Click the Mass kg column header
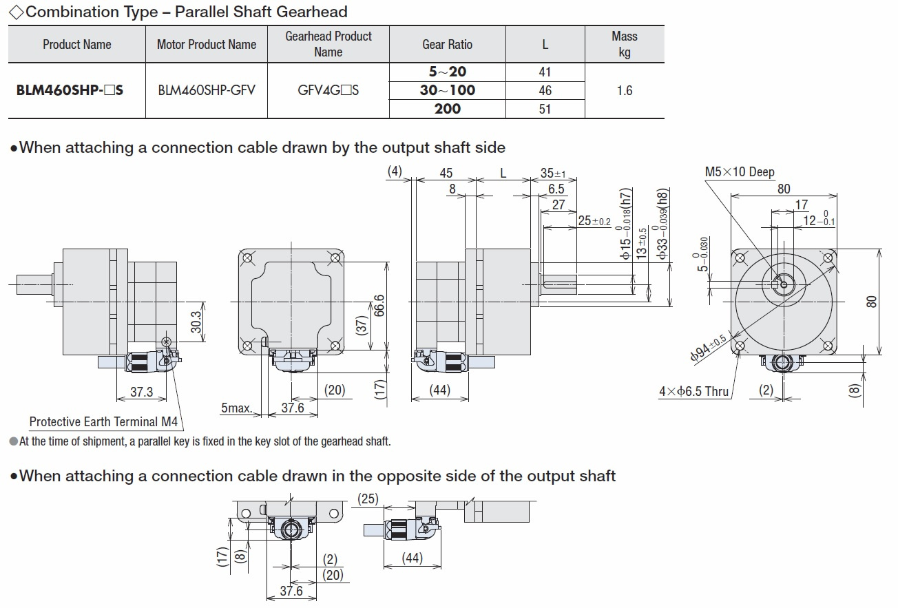point(624,44)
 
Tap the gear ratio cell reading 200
point(447,109)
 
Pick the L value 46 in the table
point(545,90)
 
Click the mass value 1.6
point(624,90)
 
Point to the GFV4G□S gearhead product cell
point(328,90)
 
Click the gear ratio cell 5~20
point(447,72)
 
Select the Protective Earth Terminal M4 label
point(107,422)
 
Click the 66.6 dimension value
point(379,306)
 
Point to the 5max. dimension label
point(236,408)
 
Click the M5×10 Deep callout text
point(739,172)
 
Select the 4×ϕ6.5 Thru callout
point(693,392)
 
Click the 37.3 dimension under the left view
point(141,392)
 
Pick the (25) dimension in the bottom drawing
point(368,499)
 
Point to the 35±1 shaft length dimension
point(552,173)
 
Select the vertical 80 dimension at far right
point(872,302)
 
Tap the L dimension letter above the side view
point(503,173)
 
